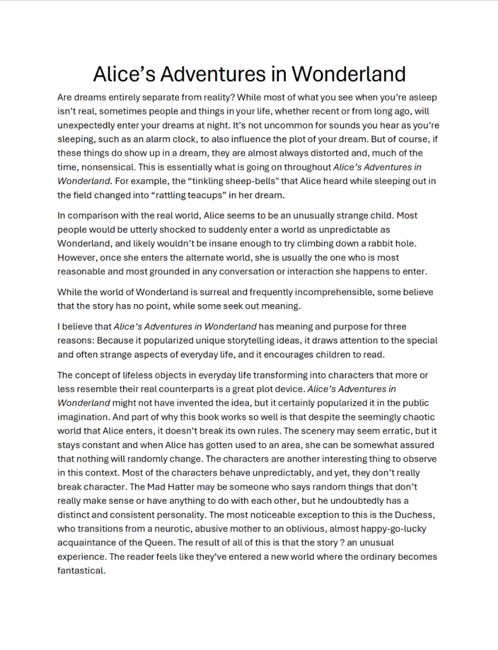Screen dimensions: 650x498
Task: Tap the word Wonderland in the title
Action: click(x=349, y=74)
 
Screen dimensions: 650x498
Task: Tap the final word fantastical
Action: click(x=81, y=570)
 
